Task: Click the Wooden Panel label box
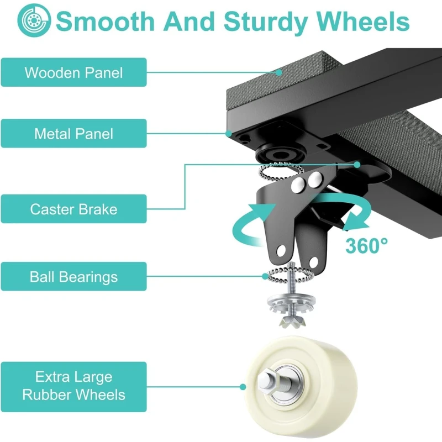point(73,72)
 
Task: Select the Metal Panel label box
point(73,133)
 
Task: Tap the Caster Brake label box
point(73,209)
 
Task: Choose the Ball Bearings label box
point(73,276)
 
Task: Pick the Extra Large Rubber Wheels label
point(73,386)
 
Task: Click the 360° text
point(366,245)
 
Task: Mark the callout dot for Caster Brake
point(358,164)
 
